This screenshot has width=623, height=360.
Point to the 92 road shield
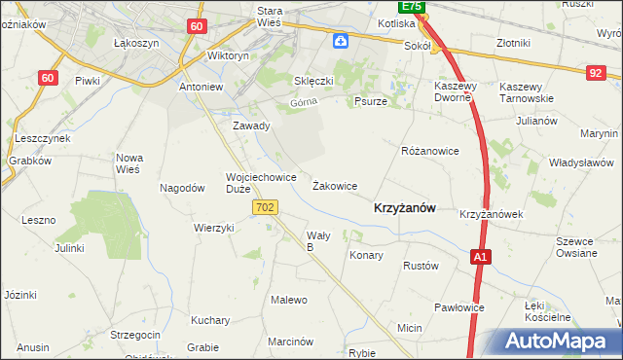click(596, 72)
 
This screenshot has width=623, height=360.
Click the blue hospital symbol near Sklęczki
click(340, 41)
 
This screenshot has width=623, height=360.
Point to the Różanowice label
click(429, 152)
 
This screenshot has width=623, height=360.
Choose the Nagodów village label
click(181, 189)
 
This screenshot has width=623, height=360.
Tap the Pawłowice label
click(459, 307)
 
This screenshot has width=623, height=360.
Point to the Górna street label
click(304, 102)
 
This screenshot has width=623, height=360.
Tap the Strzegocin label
click(135, 335)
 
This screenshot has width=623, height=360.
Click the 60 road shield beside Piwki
click(49, 78)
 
